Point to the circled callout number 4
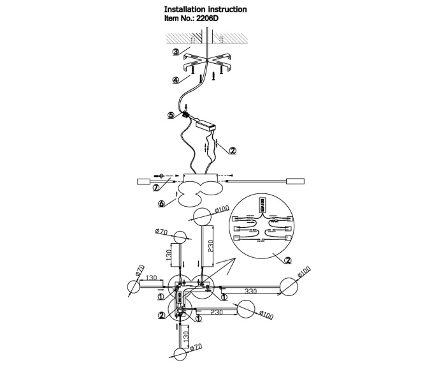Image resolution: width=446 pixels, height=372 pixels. click(175, 80)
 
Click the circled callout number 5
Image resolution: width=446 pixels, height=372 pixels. click(171, 115)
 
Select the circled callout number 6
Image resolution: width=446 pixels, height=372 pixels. click(162, 204)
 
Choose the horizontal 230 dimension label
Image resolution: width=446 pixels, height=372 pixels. click(217, 313)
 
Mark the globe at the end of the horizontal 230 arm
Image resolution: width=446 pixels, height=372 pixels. click(247, 310)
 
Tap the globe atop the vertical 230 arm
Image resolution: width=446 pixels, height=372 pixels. click(202, 217)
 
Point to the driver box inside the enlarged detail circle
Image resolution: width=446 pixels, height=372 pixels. click(261, 207)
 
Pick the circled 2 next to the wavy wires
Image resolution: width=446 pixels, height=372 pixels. click(233, 151)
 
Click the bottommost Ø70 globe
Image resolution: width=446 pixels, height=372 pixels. click(180, 354)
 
